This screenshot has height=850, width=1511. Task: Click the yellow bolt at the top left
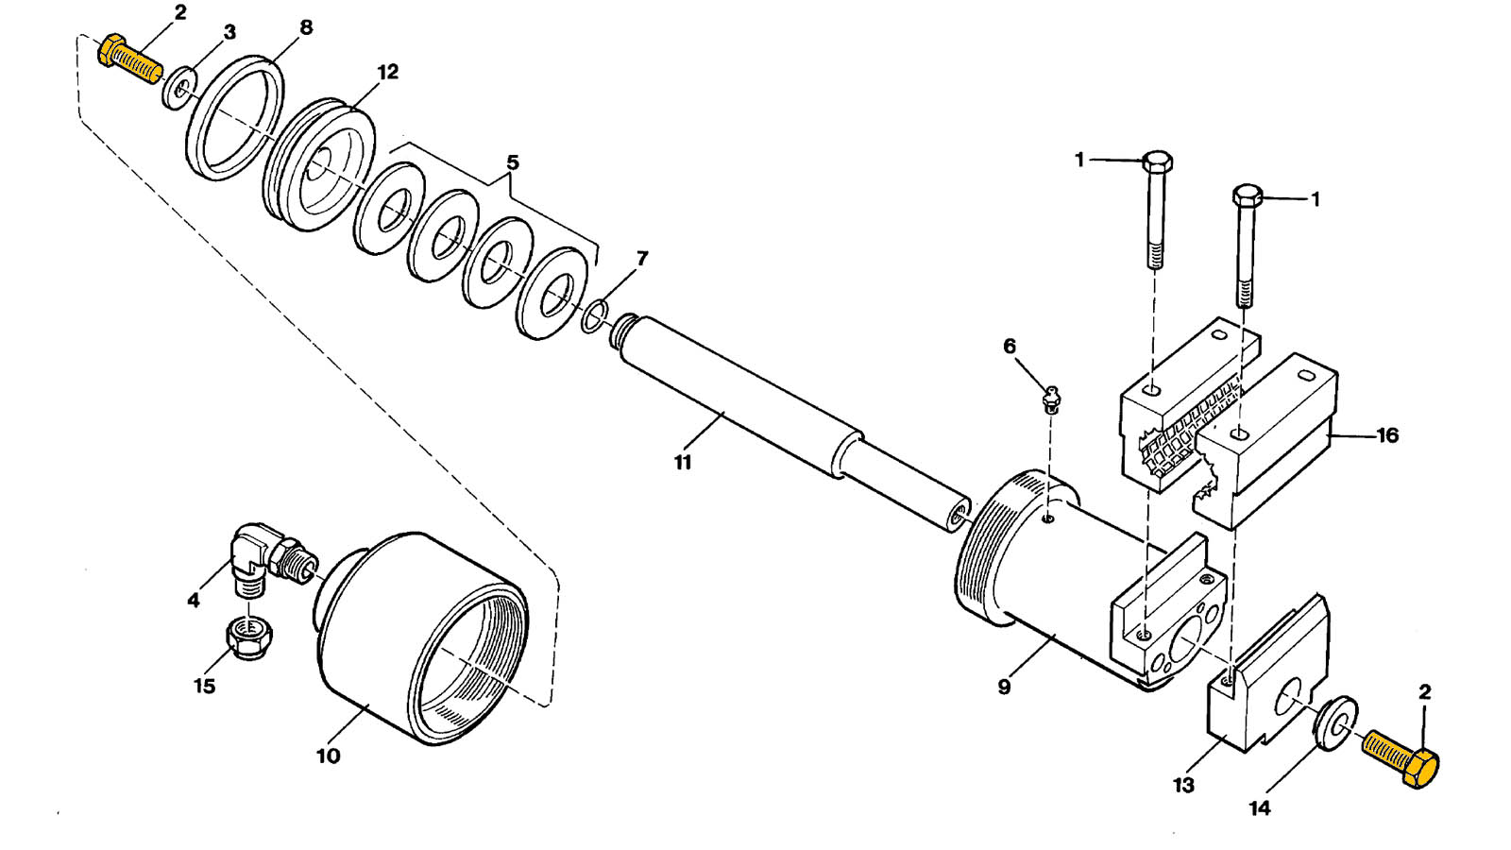tap(130, 59)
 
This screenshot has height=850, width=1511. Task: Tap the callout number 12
tap(388, 72)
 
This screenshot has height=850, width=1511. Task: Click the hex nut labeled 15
tap(249, 637)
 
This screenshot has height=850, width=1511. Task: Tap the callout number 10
tap(329, 756)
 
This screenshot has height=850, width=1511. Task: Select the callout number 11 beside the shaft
tap(683, 463)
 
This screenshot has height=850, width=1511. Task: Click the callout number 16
tap(1387, 435)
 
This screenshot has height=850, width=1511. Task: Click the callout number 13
tap(1184, 785)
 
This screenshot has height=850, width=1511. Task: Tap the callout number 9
tap(1004, 688)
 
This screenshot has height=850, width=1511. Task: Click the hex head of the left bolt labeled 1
tap(1158, 161)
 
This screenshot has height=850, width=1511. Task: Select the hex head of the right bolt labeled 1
tap(1248, 195)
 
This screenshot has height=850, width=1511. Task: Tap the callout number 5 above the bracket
tap(513, 162)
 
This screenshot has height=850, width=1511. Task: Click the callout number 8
tap(306, 27)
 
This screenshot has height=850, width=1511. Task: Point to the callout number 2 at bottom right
tap(1425, 692)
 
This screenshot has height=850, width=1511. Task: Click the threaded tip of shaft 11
tap(622, 331)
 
